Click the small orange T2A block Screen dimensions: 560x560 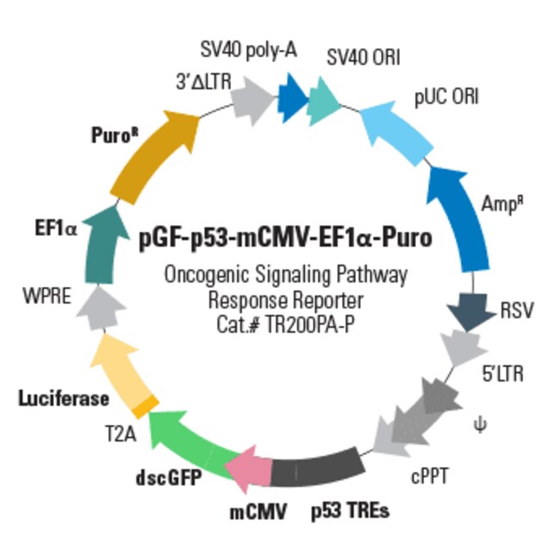[x=146, y=407]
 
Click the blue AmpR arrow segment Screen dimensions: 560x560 [x=461, y=218]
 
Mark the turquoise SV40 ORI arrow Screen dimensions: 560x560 [x=323, y=101]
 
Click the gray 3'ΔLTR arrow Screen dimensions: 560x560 [x=252, y=101]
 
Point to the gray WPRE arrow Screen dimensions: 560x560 [x=101, y=308]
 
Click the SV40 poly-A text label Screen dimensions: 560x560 [x=249, y=50]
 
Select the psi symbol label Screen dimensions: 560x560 [x=480, y=425]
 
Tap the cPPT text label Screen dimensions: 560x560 [x=430, y=476]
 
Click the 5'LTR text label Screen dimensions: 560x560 [x=503, y=374]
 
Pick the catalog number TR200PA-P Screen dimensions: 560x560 [x=311, y=325]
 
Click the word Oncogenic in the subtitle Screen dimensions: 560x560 [x=207, y=276]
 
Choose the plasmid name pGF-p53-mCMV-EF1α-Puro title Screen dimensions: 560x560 [x=285, y=238]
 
